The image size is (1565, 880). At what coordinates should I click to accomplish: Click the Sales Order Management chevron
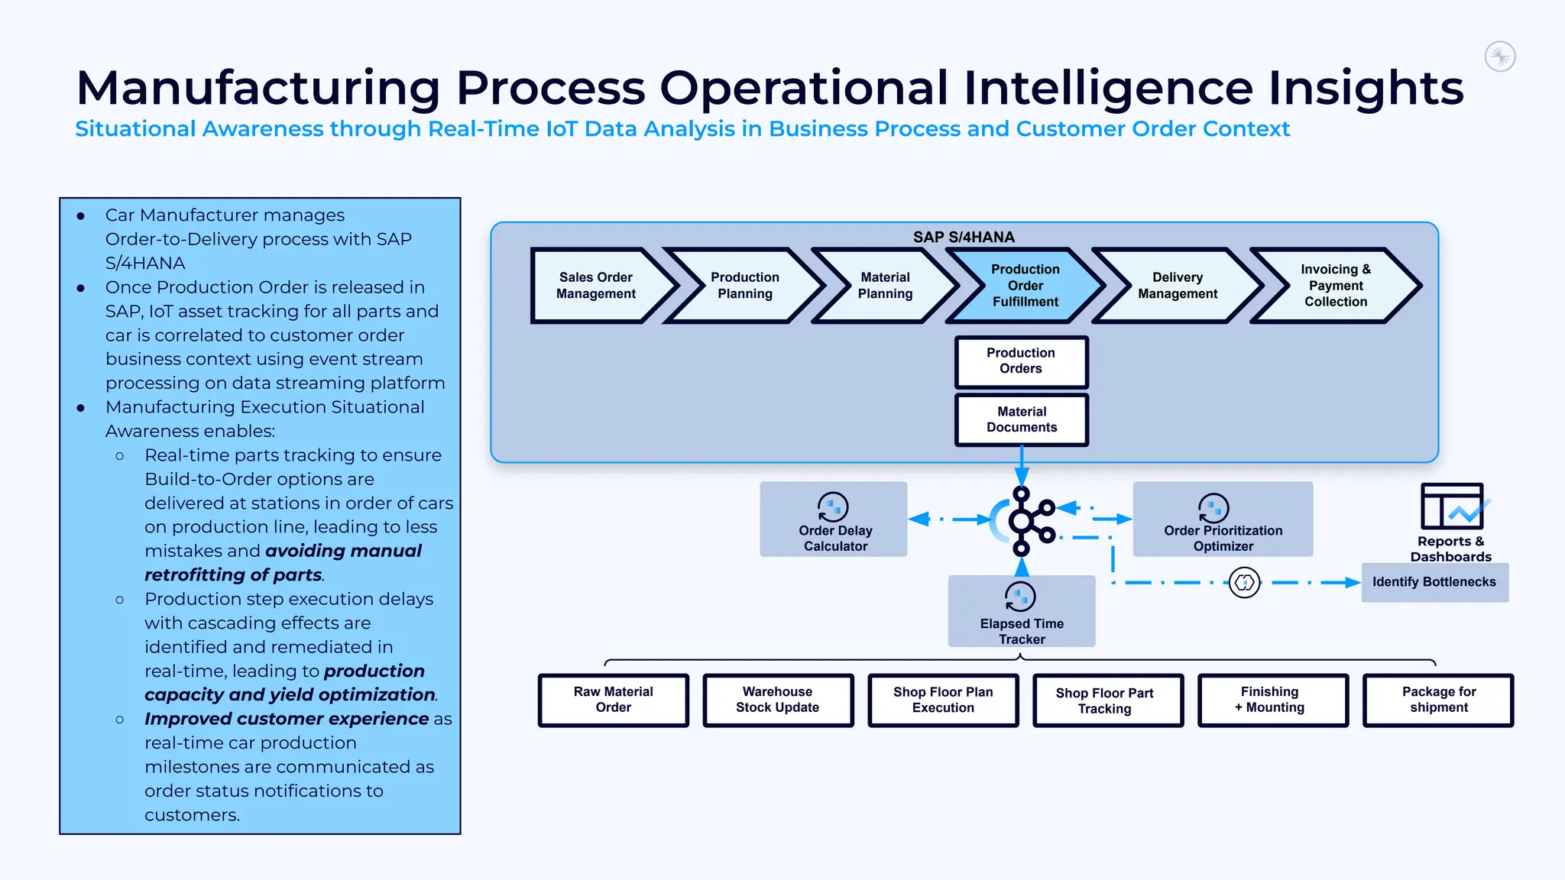point(596,286)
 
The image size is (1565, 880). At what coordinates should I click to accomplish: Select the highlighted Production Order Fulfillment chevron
point(1025,286)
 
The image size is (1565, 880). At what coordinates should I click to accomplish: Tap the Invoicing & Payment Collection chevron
point(1335,286)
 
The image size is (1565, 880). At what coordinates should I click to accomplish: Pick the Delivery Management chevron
point(1177,286)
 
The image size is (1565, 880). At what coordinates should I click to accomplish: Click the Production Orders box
point(1021,361)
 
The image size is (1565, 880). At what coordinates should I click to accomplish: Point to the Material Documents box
point(1021,419)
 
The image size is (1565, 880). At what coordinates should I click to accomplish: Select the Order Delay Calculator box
point(834,519)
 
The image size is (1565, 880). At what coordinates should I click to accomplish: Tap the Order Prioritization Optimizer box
point(1223,519)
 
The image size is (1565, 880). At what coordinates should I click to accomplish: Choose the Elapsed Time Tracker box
point(1022,612)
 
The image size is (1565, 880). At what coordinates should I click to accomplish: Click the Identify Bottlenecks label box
point(1434,582)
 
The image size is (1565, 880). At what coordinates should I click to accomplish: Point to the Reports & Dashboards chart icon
point(1453,506)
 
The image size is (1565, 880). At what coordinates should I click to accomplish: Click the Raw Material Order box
point(614,700)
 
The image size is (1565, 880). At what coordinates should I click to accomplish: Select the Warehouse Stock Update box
point(778,700)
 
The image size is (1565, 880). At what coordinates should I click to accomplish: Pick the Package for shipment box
point(1438,700)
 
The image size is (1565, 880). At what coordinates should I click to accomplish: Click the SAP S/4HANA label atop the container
point(964,237)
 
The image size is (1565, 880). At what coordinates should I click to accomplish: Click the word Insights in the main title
point(1366,88)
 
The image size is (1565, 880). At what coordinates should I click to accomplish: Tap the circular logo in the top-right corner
point(1500,57)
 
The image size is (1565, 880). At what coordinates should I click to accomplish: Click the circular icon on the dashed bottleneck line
point(1245,583)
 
